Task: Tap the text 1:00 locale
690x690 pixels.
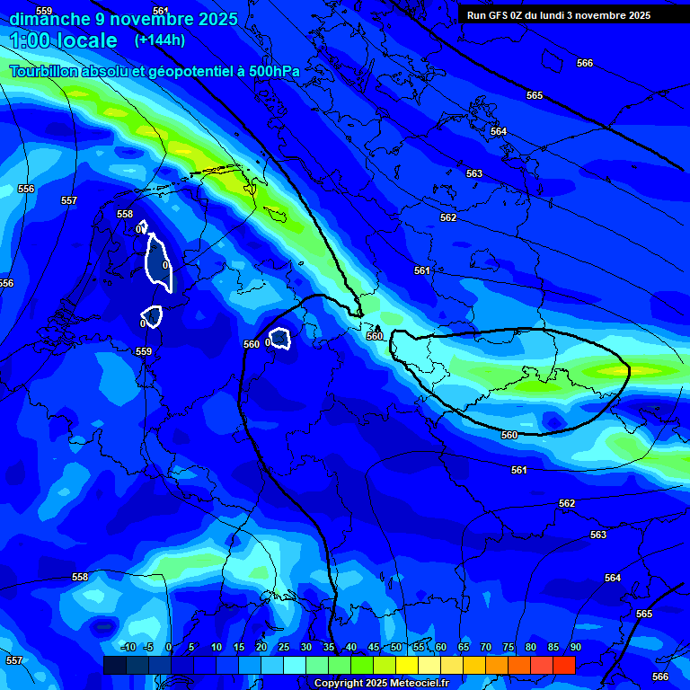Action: pos(64,40)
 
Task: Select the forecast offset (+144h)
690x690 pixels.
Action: pos(160,40)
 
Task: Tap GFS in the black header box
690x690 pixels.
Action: pos(500,15)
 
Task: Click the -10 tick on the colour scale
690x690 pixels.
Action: pos(128,648)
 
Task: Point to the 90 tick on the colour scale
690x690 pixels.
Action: pos(575,648)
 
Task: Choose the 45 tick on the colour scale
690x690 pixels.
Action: pos(373,648)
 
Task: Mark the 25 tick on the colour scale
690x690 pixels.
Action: pos(283,648)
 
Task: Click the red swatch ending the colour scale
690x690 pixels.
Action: pos(563,665)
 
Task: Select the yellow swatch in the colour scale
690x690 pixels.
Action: pos(406,665)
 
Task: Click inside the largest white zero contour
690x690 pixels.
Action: pos(158,263)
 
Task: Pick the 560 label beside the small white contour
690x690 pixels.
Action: pos(252,344)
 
